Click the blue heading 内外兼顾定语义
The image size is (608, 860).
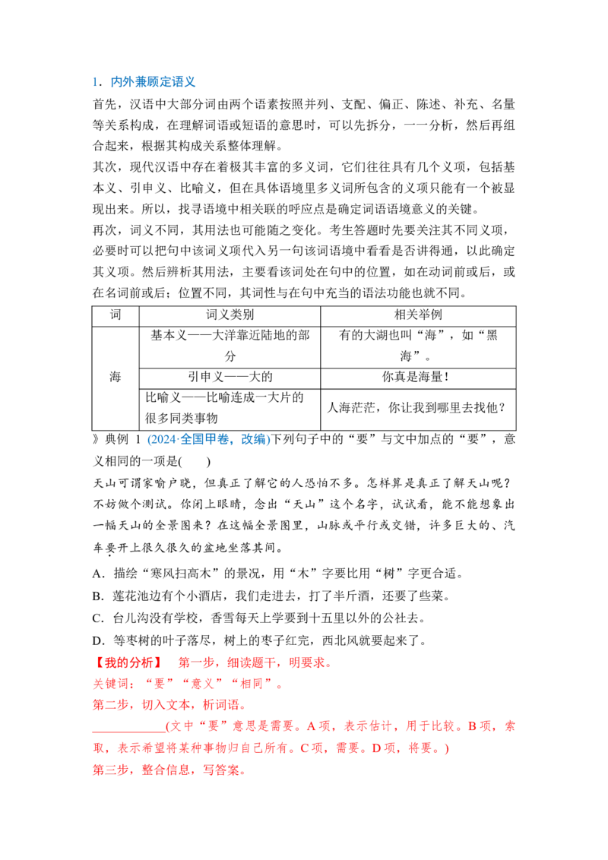tap(153, 82)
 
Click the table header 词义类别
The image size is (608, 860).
tap(230, 315)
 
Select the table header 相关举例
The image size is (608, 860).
tap(418, 315)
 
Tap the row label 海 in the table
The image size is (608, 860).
tap(115, 377)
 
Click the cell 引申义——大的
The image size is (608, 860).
tap(230, 377)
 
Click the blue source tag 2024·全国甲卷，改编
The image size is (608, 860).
tap(209, 439)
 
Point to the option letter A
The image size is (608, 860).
tap(98, 574)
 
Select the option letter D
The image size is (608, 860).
tap(98, 641)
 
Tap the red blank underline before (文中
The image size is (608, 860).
tap(129, 732)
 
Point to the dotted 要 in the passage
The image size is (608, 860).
tap(111, 548)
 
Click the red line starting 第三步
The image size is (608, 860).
tap(169, 770)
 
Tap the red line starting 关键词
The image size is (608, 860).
tap(188, 684)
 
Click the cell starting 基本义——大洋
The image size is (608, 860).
tap(230, 346)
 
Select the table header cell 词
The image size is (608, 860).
tap(116, 315)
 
